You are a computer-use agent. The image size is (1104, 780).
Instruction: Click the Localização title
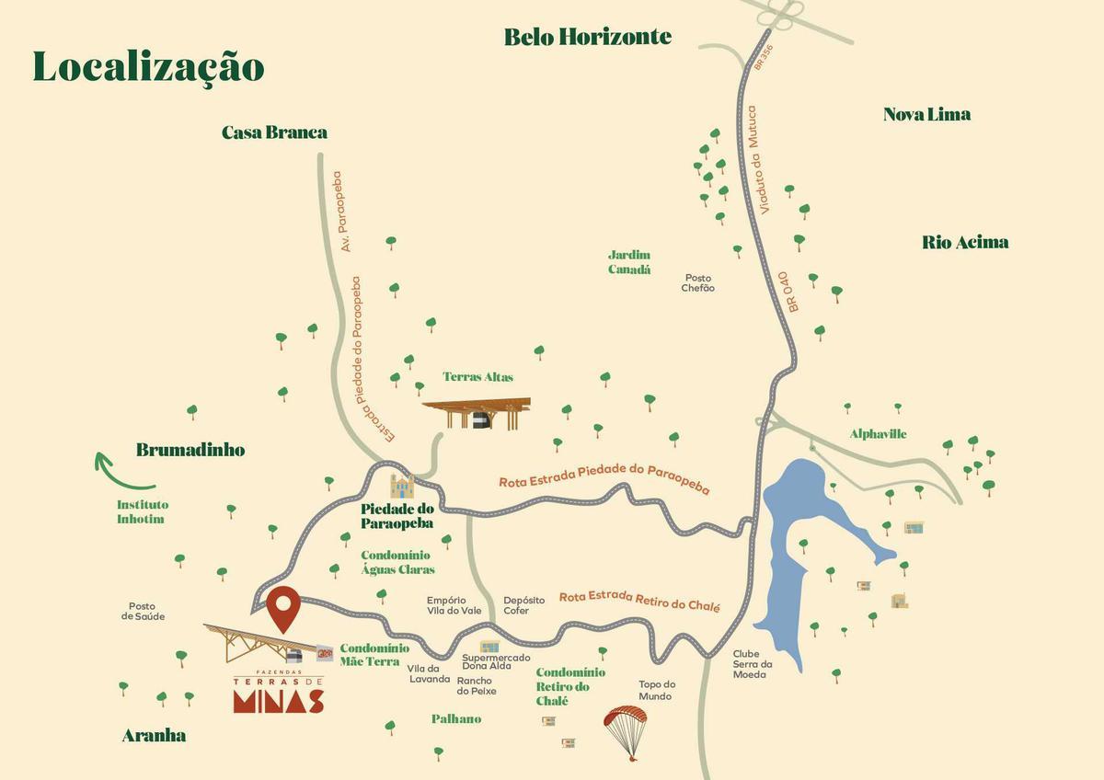[x=148, y=67]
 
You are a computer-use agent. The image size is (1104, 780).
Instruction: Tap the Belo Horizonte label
[x=588, y=37]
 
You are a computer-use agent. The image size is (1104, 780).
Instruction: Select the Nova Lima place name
[x=926, y=114]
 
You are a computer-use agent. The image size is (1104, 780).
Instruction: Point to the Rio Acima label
[x=965, y=242]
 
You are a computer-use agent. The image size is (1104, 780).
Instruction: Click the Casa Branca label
[x=274, y=132]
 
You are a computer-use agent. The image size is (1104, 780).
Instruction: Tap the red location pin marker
[x=284, y=606]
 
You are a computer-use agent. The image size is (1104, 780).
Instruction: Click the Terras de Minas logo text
[x=278, y=695]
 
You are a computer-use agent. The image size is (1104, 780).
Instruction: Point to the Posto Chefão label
[x=697, y=282]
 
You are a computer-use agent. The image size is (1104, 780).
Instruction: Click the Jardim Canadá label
[x=629, y=262]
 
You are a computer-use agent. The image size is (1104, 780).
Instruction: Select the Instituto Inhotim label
[x=143, y=511]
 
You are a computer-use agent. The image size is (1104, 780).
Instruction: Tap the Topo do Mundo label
[x=657, y=690]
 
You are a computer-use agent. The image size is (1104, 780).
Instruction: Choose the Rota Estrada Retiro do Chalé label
[x=639, y=602]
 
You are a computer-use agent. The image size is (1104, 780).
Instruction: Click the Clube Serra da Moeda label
[x=752, y=664]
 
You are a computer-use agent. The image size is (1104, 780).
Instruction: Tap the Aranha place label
[x=154, y=735]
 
